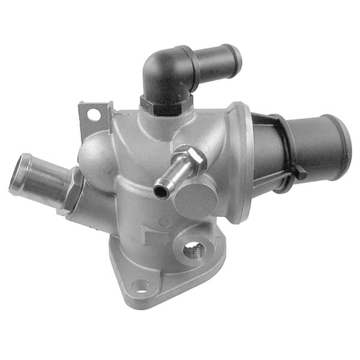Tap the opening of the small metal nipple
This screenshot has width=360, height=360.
pos(160,191)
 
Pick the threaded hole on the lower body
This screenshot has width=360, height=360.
pos(193,250)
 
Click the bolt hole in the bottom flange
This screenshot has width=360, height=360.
pos(140,286)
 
